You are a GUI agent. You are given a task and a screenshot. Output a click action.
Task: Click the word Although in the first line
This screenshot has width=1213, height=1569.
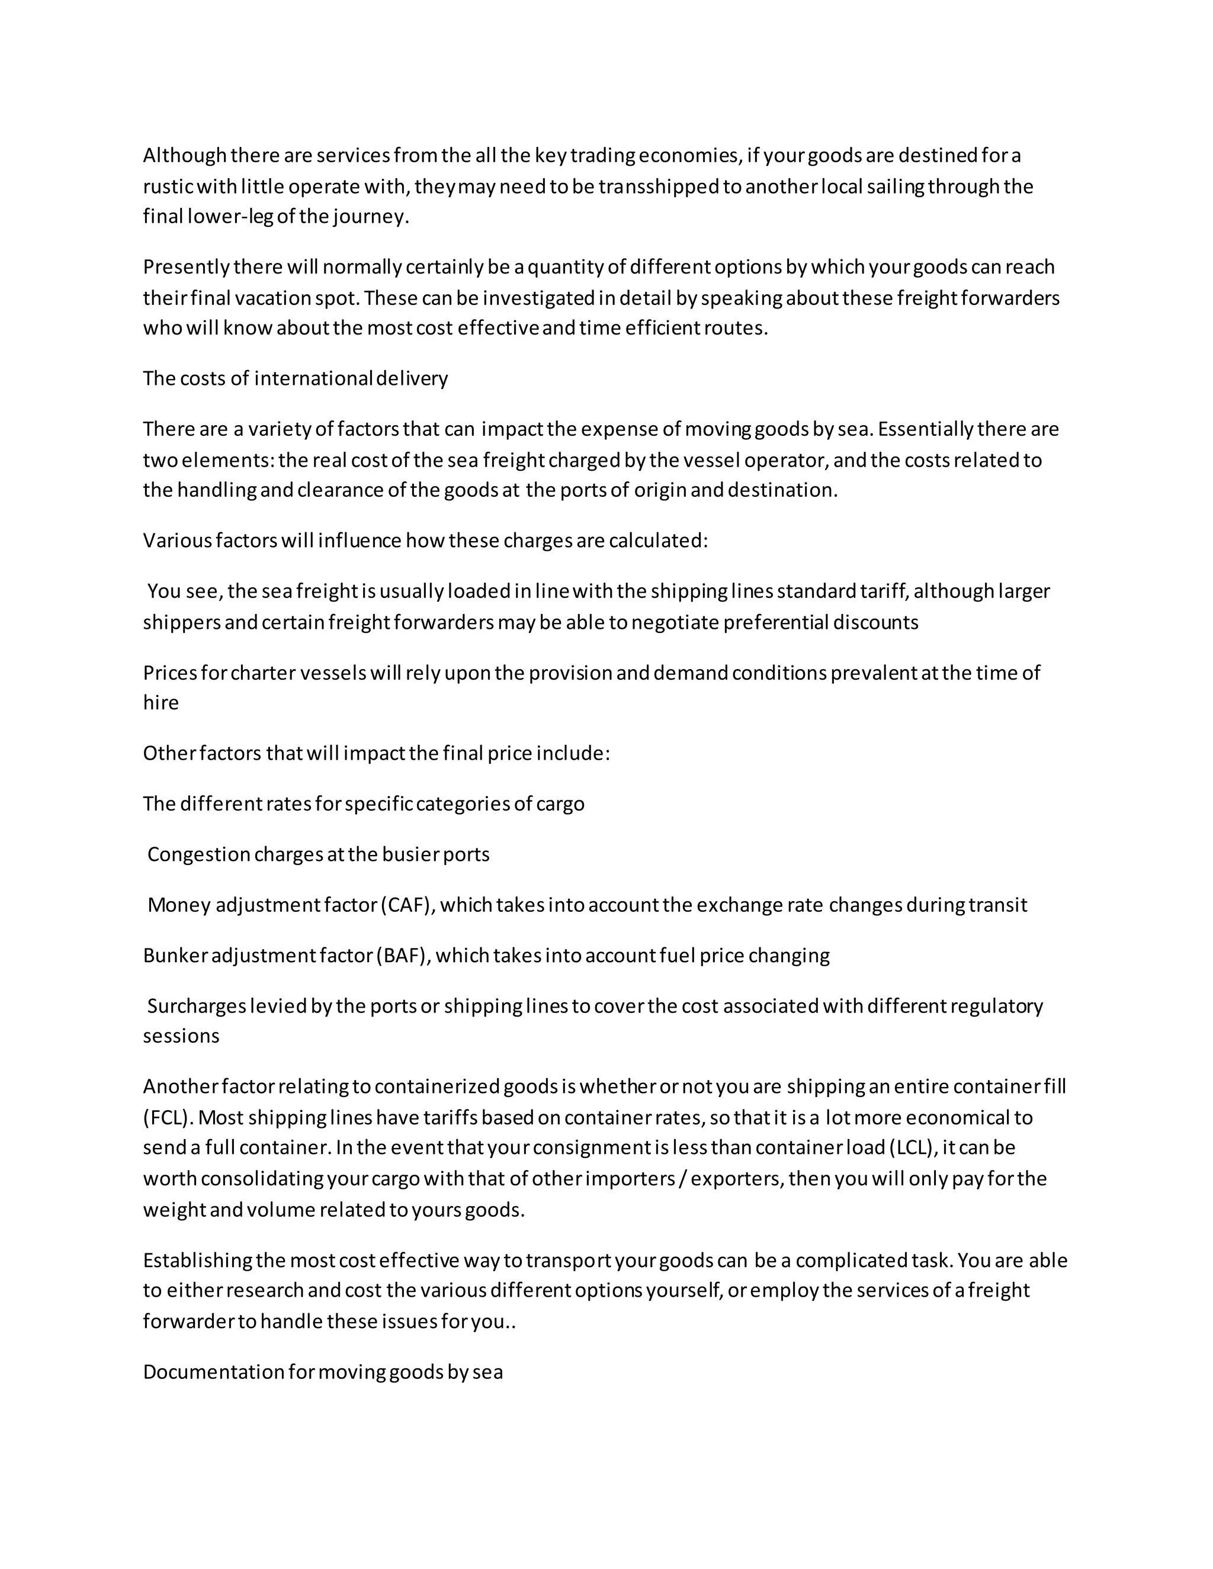[185, 155]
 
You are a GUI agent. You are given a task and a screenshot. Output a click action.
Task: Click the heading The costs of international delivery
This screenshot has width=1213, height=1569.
[296, 378]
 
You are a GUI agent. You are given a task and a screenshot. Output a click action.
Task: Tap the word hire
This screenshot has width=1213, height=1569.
[161, 703]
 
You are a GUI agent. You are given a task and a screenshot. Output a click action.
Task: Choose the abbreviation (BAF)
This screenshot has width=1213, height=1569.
[402, 956]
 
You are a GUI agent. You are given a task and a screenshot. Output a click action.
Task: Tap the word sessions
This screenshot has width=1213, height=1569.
[181, 1037]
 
